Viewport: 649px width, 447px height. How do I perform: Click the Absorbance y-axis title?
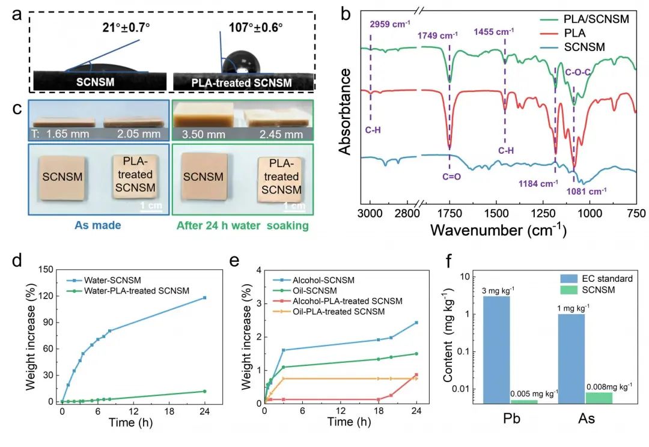345,112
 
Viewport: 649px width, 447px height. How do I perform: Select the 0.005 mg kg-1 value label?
534,394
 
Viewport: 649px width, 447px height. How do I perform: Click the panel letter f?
449,261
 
